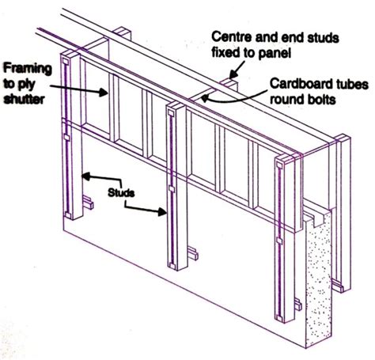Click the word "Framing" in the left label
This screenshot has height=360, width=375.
coord(28,69)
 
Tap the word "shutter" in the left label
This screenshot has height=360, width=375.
coord(24,99)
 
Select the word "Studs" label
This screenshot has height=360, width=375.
coord(121,193)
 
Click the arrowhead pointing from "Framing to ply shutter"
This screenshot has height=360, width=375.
coord(104,92)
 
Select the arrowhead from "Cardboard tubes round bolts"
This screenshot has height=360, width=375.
coord(205,99)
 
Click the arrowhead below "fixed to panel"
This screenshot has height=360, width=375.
coord(233,74)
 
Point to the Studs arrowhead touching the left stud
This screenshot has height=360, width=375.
coord(86,176)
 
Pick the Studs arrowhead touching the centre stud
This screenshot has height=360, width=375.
coord(162,211)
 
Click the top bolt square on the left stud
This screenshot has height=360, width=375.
coord(65,62)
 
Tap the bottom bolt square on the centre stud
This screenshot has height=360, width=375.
coord(172,266)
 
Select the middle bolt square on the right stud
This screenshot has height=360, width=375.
coord(279,241)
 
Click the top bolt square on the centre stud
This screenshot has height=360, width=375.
coord(170,113)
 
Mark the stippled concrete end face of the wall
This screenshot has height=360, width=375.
coord(319,279)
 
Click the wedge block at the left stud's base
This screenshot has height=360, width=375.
coord(88,203)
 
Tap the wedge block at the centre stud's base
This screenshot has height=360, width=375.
coord(193,253)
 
